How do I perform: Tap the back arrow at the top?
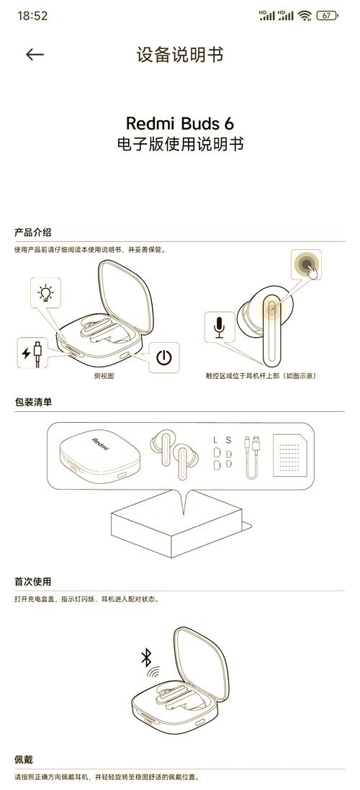[x=35, y=55]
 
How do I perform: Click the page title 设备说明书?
[x=180, y=55]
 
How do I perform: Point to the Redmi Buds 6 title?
[x=180, y=123]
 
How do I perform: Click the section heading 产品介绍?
[x=32, y=233]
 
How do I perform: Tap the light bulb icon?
[x=46, y=292]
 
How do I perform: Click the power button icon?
[x=163, y=358]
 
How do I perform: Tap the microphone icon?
[x=219, y=328]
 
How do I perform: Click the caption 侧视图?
[x=104, y=376]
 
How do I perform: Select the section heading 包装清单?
[x=32, y=402]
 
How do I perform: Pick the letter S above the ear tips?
[x=228, y=441]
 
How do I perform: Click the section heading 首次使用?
[x=32, y=581]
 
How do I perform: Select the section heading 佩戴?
[x=24, y=759]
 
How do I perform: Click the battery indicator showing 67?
[x=328, y=16]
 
